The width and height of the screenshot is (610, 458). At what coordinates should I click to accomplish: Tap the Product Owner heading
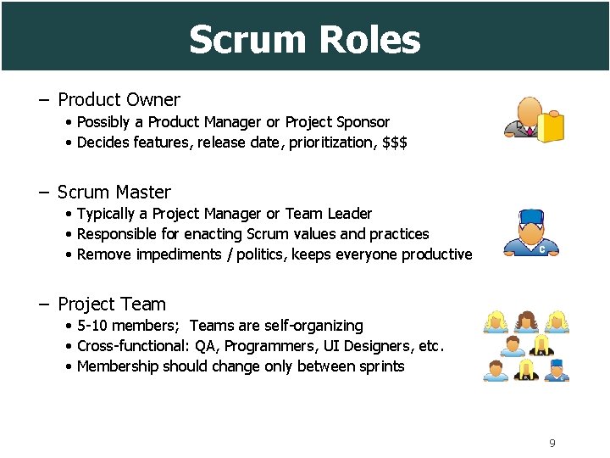point(119,100)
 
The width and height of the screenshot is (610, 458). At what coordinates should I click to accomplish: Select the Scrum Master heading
point(114,193)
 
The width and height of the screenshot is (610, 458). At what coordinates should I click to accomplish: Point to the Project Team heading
point(111,304)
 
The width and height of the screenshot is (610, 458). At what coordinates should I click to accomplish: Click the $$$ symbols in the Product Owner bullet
point(395,142)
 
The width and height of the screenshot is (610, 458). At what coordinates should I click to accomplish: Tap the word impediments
point(175,254)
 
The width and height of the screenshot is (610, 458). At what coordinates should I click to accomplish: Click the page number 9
point(552,443)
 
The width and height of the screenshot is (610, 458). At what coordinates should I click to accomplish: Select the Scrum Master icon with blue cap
point(530,232)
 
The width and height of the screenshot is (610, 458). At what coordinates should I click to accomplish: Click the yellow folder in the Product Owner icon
point(551,127)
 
